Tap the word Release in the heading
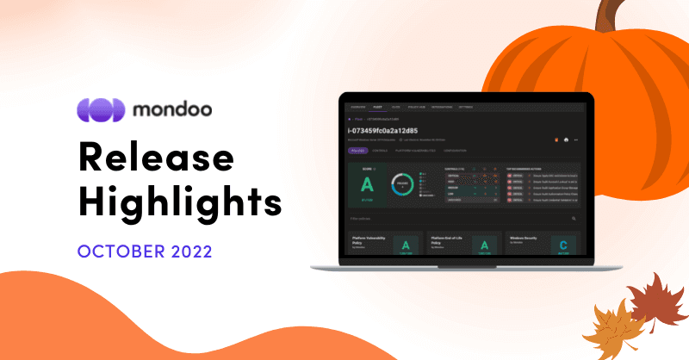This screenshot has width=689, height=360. tap(156, 158)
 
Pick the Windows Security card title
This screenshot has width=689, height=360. tap(526, 235)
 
